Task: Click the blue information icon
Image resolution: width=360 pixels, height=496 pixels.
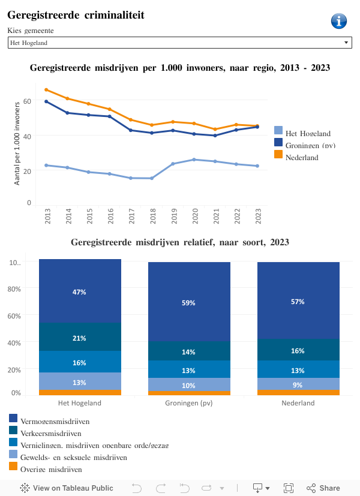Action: [x=339, y=21]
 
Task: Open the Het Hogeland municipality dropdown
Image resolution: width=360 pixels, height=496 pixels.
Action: [x=179, y=43]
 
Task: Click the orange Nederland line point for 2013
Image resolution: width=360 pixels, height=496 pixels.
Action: [x=46, y=90]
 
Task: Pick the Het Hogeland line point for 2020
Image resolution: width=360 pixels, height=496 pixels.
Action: [x=193, y=160]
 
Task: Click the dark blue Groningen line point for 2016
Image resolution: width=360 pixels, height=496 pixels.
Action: [x=109, y=116]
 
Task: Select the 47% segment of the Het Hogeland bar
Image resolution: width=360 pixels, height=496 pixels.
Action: [x=80, y=291]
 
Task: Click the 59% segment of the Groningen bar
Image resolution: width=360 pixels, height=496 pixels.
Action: [x=189, y=302]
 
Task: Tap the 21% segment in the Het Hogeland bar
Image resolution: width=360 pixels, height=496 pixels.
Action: [x=80, y=338]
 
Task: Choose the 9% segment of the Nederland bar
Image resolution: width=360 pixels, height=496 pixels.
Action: [x=298, y=384]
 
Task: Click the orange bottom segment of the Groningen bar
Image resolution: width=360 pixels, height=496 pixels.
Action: [x=189, y=393]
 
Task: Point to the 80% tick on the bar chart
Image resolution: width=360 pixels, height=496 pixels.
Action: [x=14, y=288]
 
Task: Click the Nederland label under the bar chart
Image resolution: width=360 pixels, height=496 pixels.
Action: [x=298, y=403]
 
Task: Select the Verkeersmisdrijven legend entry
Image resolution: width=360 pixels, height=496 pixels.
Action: [x=50, y=433]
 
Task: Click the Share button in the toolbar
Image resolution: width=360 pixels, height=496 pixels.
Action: [x=323, y=488]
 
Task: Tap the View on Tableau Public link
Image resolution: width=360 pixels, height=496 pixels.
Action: [x=67, y=488]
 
